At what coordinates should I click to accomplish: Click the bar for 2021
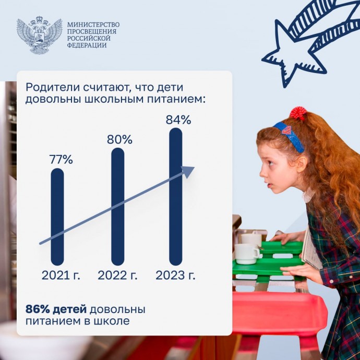pyautogui.click(x=57, y=217)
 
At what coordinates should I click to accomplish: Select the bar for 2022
pyautogui.click(x=117, y=207)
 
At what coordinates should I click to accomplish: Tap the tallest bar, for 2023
pyautogui.click(x=176, y=197)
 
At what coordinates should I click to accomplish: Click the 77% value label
pyautogui.click(x=61, y=159)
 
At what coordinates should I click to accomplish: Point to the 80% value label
pyautogui.click(x=119, y=139)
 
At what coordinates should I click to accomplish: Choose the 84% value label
pyautogui.click(x=178, y=119)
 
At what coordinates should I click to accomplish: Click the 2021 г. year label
pyautogui.click(x=61, y=275)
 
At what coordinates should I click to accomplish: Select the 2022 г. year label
pyautogui.click(x=117, y=275)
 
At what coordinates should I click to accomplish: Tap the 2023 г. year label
pyautogui.click(x=175, y=275)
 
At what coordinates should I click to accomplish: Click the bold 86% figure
pyautogui.click(x=38, y=309)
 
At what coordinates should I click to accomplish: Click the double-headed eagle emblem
pyautogui.click(x=39, y=35)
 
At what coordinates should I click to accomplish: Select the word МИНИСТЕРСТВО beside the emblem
pyautogui.click(x=93, y=25)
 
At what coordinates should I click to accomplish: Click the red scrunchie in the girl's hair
pyautogui.click(x=298, y=113)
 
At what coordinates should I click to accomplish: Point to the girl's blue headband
pyautogui.click(x=290, y=136)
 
